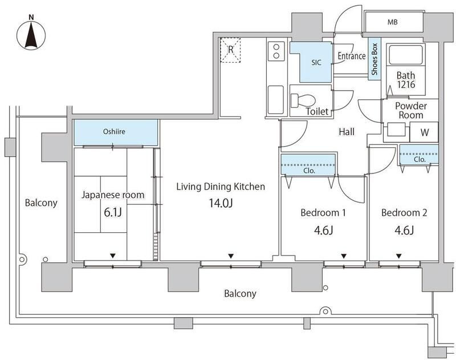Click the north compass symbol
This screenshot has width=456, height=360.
(31, 34)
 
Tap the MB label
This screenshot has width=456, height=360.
(392, 22)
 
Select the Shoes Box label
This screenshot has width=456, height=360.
(374, 59)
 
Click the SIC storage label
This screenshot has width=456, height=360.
(316, 62)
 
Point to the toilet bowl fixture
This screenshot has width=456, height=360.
(303, 100)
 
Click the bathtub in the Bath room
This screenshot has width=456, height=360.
(405, 54)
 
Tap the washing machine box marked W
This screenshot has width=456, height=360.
(424, 132)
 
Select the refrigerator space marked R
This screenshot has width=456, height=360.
(230, 50)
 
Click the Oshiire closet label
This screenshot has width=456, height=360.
(114, 132)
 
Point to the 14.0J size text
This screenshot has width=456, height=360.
(221, 203)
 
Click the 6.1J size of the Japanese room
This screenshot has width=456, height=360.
(112, 212)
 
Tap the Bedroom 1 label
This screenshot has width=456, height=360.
(323, 213)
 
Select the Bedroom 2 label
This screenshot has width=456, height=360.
(404, 213)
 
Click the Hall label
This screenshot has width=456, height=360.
(347, 132)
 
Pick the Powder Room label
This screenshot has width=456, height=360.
(410, 110)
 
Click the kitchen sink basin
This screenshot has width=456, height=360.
(275, 99)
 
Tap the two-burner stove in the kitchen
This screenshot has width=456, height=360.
(276, 51)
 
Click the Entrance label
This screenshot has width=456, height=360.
(352, 56)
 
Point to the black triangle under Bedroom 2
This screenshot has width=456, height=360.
(398, 256)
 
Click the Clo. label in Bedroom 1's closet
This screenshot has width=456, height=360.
(309, 171)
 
